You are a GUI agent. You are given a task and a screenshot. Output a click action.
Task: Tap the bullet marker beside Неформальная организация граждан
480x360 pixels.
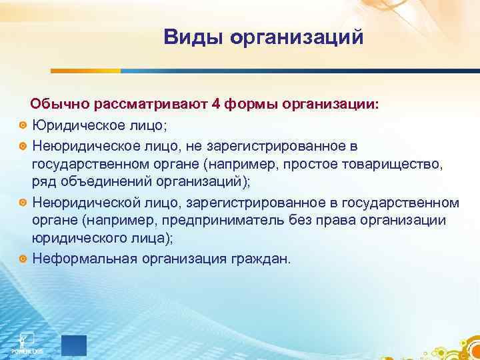(23, 259)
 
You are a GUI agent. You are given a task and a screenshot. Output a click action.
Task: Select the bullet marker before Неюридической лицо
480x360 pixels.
(23, 203)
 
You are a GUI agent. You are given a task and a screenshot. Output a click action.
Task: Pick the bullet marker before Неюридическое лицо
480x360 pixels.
(23, 145)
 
